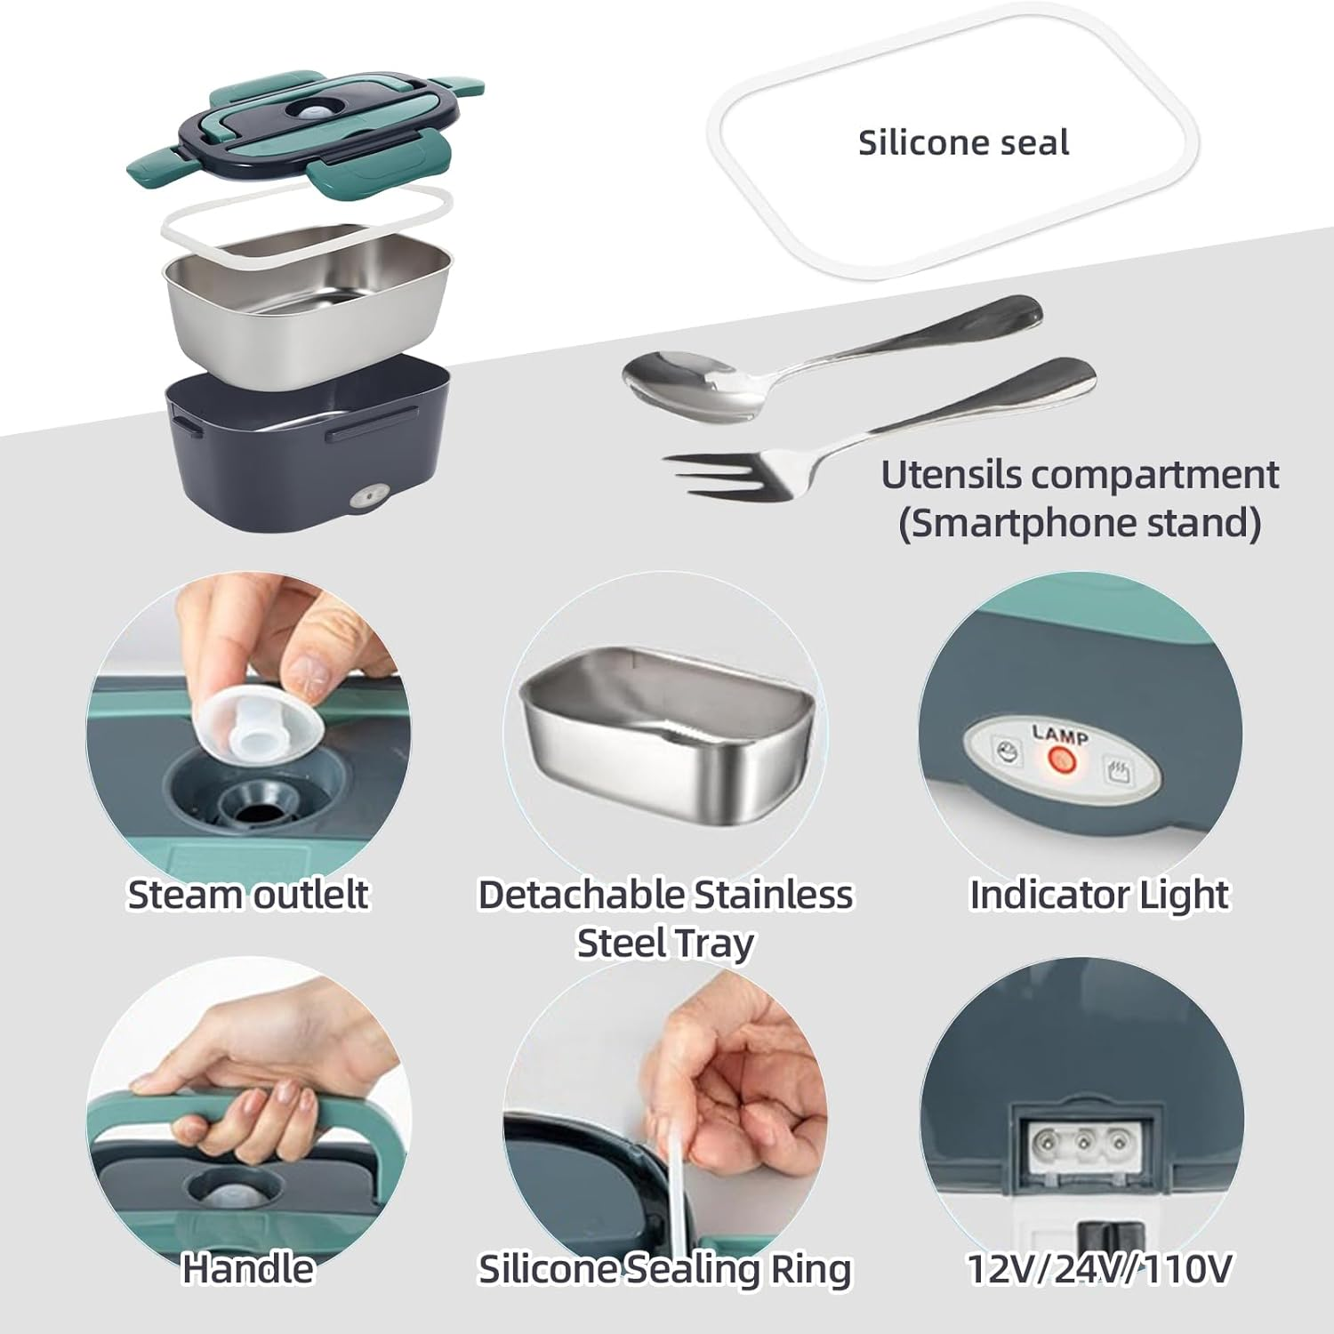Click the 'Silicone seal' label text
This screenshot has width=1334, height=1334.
pyautogui.click(x=963, y=143)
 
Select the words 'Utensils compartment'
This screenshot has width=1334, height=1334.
pyautogui.click(x=1080, y=476)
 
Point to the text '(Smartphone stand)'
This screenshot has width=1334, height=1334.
pyautogui.click(x=1080, y=523)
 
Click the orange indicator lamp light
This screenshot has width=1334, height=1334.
pyautogui.click(x=1059, y=761)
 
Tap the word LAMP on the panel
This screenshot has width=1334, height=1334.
pyautogui.click(x=1060, y=735)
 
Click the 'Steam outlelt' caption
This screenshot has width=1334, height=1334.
pyautogui.click(x=248, y=895)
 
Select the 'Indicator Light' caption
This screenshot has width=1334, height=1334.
pyautogui.click(x=1099, y=895)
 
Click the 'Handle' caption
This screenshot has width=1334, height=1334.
pyautogui.click(x=248, y=1268)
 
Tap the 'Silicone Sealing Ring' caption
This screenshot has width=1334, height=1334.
pyautogui.click(x=665, y=1270)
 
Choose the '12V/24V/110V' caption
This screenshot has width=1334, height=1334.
pyautogui.click(x=1099, y=1269)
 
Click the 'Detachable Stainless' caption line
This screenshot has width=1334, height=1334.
pyautogui.click(x=665, y=895)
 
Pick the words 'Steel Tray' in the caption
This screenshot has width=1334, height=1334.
pyautogui.click(x=665, y=944)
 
